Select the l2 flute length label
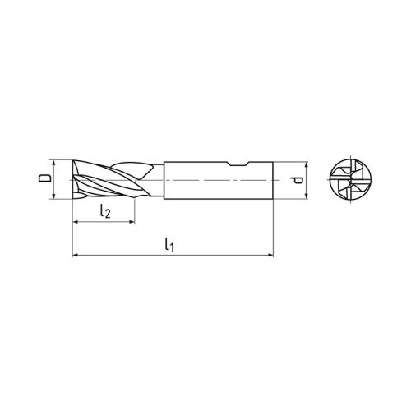click(104, 212)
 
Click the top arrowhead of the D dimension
click(54, 161)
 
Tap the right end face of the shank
click(271, 178)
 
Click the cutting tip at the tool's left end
click(74, 178)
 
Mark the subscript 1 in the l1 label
click(173, 247)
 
